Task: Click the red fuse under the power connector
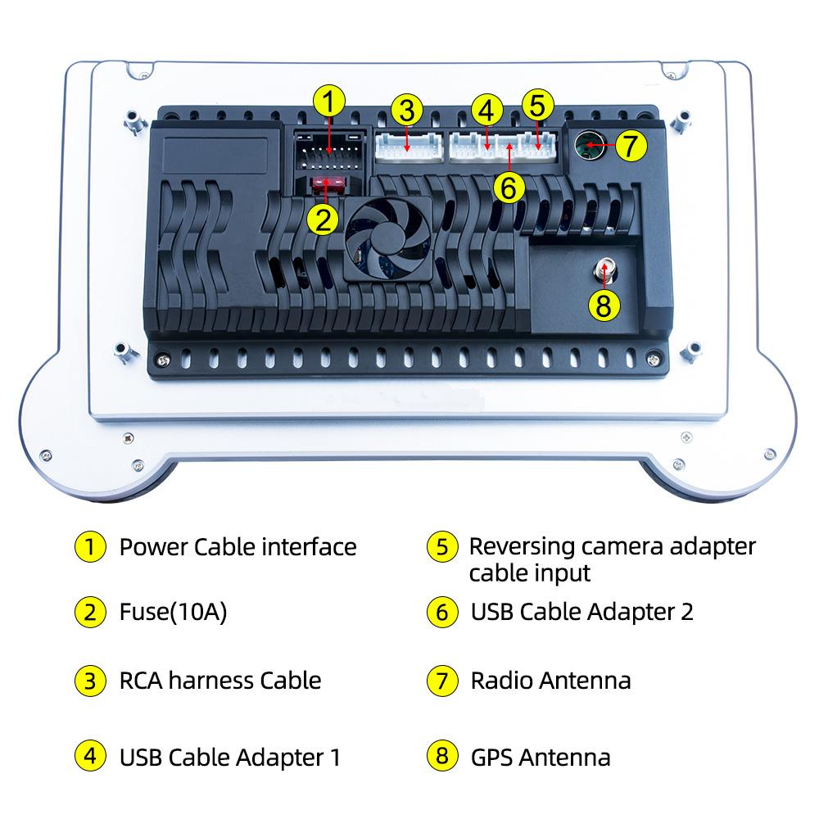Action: [328, 185]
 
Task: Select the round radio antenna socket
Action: [587, 147]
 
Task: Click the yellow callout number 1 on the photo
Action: [328, 103]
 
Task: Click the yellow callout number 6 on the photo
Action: [509, 188]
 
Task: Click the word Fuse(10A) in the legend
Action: [173, 612]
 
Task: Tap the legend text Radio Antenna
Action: [550, 681]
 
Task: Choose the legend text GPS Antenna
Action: [541, 757]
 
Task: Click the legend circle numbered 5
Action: [442, 547]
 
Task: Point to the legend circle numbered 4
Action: [90, 756]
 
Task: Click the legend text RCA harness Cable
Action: [220, 681]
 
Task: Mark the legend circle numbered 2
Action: [90, 612]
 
